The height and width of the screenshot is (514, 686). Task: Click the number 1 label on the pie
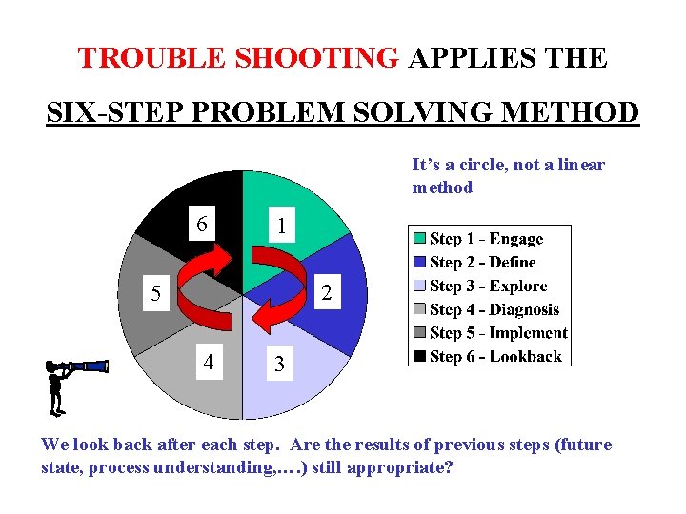tap(281, 227)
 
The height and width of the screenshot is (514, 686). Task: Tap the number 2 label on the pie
tap(325, 294)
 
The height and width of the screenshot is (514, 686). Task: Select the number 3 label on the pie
tap(278, 364)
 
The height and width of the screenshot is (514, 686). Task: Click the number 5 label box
tap(155, 294)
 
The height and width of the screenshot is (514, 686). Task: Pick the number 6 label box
tap(201, 226)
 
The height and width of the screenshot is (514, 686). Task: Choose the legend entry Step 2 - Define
tap(482, 263)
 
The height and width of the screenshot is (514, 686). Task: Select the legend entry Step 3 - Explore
tap(488, 286)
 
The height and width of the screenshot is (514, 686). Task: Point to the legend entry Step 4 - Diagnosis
tap(494, 309)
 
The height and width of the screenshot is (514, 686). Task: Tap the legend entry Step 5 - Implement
tap(497, 333)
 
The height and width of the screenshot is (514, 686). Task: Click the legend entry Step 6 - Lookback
tap(495, 357)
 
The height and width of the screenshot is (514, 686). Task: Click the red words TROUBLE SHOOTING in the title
tap(238, 58)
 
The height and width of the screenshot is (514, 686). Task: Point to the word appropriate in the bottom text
tap(394, 468)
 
